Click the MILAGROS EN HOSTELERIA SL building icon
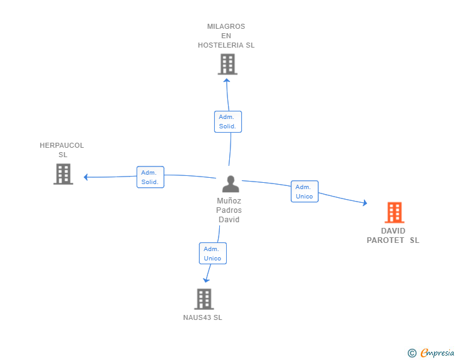(x=227, y=64)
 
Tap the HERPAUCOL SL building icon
(x=63, y=174)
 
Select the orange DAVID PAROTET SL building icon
(x=395, y=212)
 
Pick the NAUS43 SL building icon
(x=204, y=299)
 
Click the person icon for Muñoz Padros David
(x=231, y=184)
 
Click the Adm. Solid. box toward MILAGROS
(x=228, y=121)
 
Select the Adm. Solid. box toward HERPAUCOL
(x=150, y=177)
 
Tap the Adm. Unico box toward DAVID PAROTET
(x=304, y=192)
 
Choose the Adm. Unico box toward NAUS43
(x=212, y=254)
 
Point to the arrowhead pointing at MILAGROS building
(x=227, y=80)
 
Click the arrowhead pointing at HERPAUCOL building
(x=85, y=177)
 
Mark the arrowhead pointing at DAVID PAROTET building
(x=365, y=203)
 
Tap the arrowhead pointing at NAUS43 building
(x=206, y=280)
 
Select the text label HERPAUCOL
(x=61, y=145)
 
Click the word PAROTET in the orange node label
(x=385, y=240)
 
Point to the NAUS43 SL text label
(x=202, y=317)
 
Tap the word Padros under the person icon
(x=229, y=210)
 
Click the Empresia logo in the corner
(x=437, y=352)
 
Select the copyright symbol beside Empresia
(x=412, y=353)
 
